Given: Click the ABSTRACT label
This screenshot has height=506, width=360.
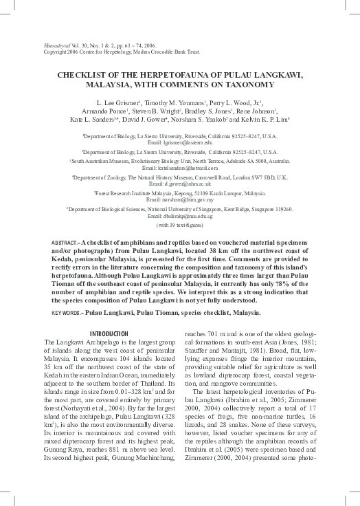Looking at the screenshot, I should (47, 244).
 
